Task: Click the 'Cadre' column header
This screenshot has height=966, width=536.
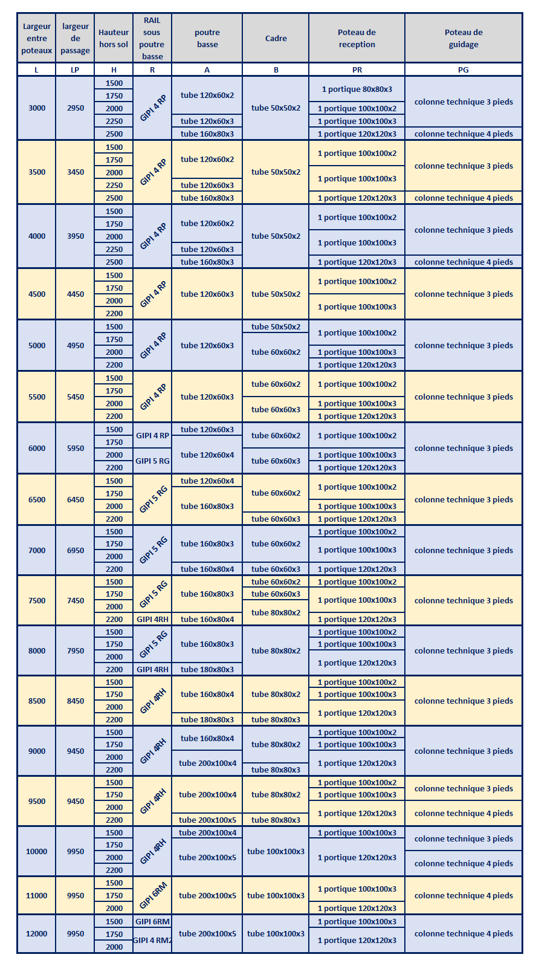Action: tap(276, 38)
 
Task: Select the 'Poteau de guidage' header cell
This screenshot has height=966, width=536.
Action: tap(463, 38)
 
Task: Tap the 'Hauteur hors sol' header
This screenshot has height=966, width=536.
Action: tap(114, 38)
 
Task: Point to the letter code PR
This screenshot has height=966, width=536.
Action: tap(357, 70)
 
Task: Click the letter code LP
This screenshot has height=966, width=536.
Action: tap(75, 70)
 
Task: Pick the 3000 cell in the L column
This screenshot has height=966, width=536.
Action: tap(37, 108)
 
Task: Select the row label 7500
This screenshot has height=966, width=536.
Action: tap(37, 600)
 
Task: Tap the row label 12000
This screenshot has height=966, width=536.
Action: tap(36, 933)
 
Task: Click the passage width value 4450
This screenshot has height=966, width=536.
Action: tap(76, 294)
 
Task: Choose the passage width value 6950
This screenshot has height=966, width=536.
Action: tap(76, 550)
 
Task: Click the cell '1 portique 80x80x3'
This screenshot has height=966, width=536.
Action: tap(357, 89)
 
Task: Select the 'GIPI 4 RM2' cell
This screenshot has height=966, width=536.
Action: tap(152, 940)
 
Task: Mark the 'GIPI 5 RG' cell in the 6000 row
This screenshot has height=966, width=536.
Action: tap(152, 461)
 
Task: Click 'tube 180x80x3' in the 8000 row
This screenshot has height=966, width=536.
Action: tap(207, 669)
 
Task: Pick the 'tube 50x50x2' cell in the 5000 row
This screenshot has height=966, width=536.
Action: tap(276, 326)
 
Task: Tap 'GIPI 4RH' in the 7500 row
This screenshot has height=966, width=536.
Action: tap(152, 619)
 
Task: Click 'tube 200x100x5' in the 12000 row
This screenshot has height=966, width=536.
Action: tap(207, 933)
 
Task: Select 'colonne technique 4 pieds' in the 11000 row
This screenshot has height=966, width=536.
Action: tap(463, 895)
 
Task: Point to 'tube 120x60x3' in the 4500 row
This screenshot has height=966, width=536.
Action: tap(207, 294)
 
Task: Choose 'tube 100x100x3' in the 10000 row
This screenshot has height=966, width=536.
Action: tap(276, 851)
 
